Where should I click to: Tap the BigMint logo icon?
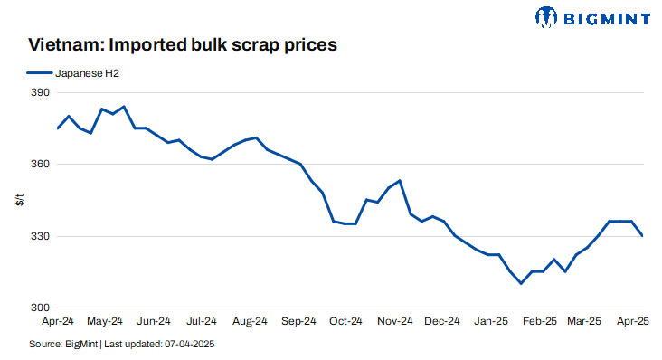click(x=546, y=16)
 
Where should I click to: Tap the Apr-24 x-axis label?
click(x=58, y=321)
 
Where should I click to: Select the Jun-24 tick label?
click(x=154, y=321)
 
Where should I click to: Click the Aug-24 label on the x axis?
click(x=250, y=321)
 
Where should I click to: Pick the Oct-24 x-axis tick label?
click(x=345, y=321)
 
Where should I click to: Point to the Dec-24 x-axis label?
click(x=442, y=321)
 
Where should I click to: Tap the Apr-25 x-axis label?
click(x=632, y=321)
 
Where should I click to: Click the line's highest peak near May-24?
click(x=124, y=106)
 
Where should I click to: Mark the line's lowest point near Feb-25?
click(x=521, y=283)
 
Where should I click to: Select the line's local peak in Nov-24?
click(x=400, y=181)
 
